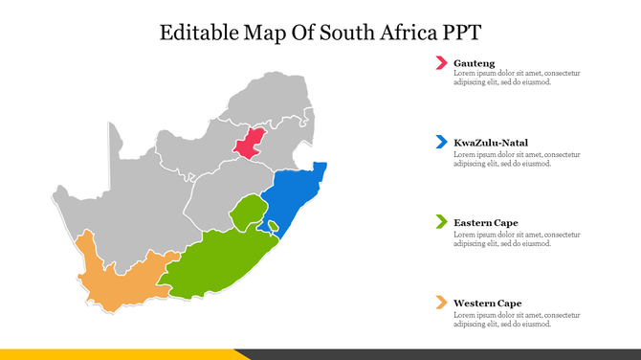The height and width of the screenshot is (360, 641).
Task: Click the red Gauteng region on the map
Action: click(250, 144)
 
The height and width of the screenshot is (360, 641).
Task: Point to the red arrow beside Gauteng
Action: click(441, 63)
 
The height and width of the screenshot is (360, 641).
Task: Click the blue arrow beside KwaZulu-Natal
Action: click(441, 143)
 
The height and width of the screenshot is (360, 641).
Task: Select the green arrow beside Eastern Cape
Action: click(441, 223)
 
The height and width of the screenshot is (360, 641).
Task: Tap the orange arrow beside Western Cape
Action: click(441, 303)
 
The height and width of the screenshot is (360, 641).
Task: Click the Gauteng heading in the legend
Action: click(475, 63)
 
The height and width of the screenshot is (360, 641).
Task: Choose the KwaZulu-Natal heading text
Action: click(491, 143)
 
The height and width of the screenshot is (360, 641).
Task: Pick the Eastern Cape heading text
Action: click(486, 223)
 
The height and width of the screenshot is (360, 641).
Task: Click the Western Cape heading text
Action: click(488, 303)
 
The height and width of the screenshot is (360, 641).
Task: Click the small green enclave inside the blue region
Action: click(273, 227)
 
